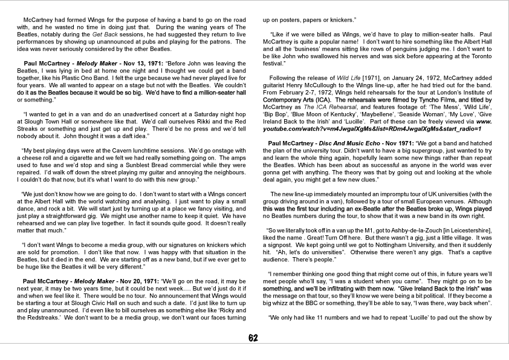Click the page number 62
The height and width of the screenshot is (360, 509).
[254, 338]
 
